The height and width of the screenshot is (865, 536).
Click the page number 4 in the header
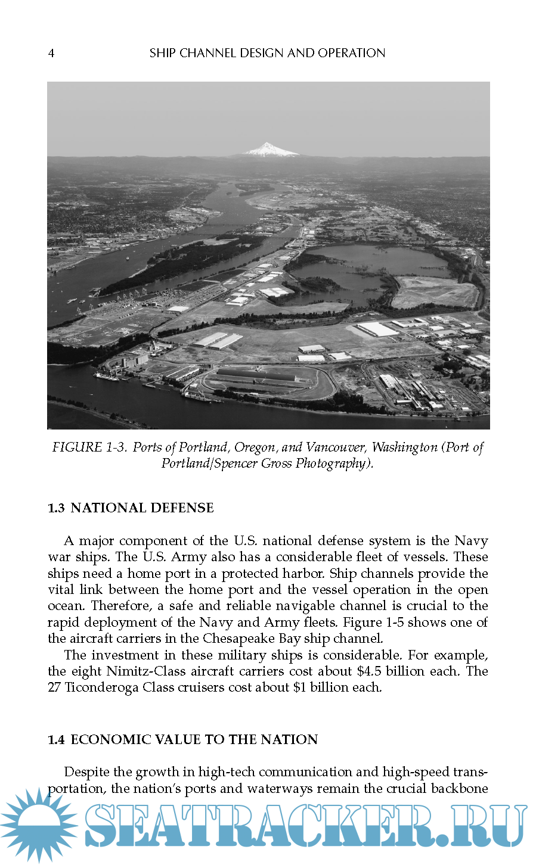coord(51,54)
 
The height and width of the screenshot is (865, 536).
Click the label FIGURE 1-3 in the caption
coord(89,447)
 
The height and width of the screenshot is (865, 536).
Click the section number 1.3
coord(56,508)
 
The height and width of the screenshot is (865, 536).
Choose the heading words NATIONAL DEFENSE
coord(142,508)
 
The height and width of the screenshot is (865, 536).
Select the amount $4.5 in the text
coord(369,671)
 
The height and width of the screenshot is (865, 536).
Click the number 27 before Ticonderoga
coord(54,687)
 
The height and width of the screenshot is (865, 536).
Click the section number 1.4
coord(56,740)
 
